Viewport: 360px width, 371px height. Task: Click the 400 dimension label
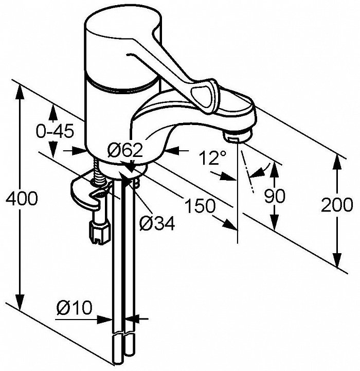[22, 198]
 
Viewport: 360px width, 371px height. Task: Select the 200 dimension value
[337, 204]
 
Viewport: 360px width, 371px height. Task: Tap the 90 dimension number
[275, 196]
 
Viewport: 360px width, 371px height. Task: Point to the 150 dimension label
[200, 206]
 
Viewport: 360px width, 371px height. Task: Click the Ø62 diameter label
[125, 150]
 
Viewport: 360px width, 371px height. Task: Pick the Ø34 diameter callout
[157, 223]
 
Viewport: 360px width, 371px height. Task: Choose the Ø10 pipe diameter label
[74, 308]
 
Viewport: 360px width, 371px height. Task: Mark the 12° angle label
[212, 158]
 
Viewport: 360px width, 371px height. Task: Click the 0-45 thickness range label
[55, 132]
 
